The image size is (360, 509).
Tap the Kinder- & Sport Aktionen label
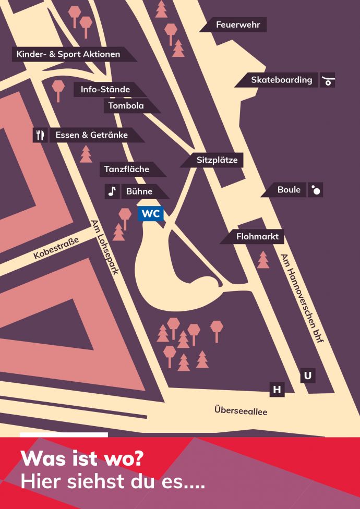(68, 54)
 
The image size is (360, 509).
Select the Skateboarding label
(281, 80)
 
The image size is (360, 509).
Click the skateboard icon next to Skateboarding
(328, 80)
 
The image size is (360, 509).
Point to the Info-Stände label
(105, 90)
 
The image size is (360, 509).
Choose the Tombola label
(126, 106)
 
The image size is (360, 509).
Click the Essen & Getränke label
(92, 135)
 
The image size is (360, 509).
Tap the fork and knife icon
(40, 135)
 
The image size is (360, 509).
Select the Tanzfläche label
(127, 169)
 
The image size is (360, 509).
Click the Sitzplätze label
(217, 160)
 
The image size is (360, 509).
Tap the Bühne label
(139, 191)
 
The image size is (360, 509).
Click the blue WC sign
(151, 214)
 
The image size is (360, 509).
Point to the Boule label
(289, 190)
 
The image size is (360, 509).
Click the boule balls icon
(316, 190)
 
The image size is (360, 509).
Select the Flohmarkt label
(257, 237)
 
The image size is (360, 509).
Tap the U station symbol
(308, 375)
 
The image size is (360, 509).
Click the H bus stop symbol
(277, 390)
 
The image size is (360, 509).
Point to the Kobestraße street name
(56, 248)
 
